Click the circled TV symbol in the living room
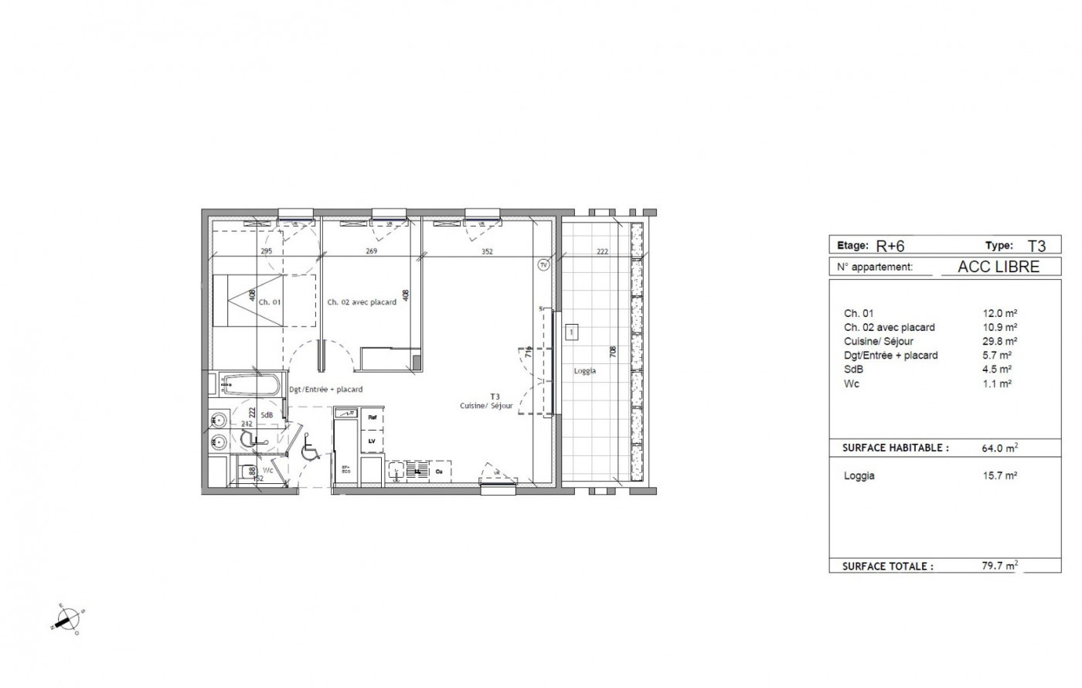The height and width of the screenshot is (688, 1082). tap(543, 265)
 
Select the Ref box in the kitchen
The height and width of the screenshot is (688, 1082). tap(372, 417)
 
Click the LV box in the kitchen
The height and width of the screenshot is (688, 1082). tap(372, 441)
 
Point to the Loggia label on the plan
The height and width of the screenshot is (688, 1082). tap(584, 371)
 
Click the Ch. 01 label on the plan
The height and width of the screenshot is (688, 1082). tap(270, 302)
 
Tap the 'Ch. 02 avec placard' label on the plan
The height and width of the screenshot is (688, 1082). tap(362, 302)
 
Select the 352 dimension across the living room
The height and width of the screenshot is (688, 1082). tap(486, 251)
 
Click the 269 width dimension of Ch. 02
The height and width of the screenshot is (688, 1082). tap(371, 251)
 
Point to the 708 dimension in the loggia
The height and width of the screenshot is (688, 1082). tap(613, 352)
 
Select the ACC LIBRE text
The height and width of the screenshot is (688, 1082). tap(999, 267)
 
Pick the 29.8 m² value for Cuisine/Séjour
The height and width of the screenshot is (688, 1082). tap(999, 341)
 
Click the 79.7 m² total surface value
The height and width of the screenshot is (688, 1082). tap(999, 566)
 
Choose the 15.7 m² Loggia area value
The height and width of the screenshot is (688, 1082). tap(999, 475)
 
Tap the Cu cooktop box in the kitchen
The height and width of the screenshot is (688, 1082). tap(439, 471)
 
